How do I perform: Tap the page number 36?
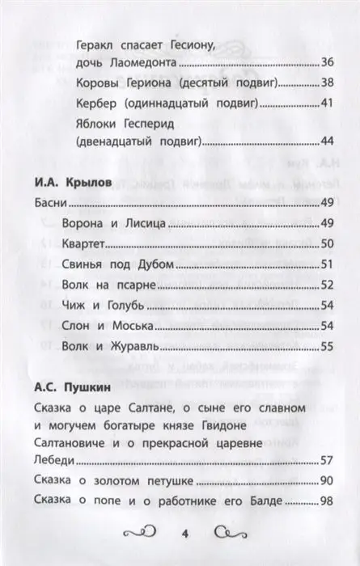point(327,62)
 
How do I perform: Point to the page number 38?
point(327,82)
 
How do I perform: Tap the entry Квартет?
point(86,243)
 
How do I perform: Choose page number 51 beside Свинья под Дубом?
point(327,264)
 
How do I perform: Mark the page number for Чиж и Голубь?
point(327,305)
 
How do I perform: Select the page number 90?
point(327,483)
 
